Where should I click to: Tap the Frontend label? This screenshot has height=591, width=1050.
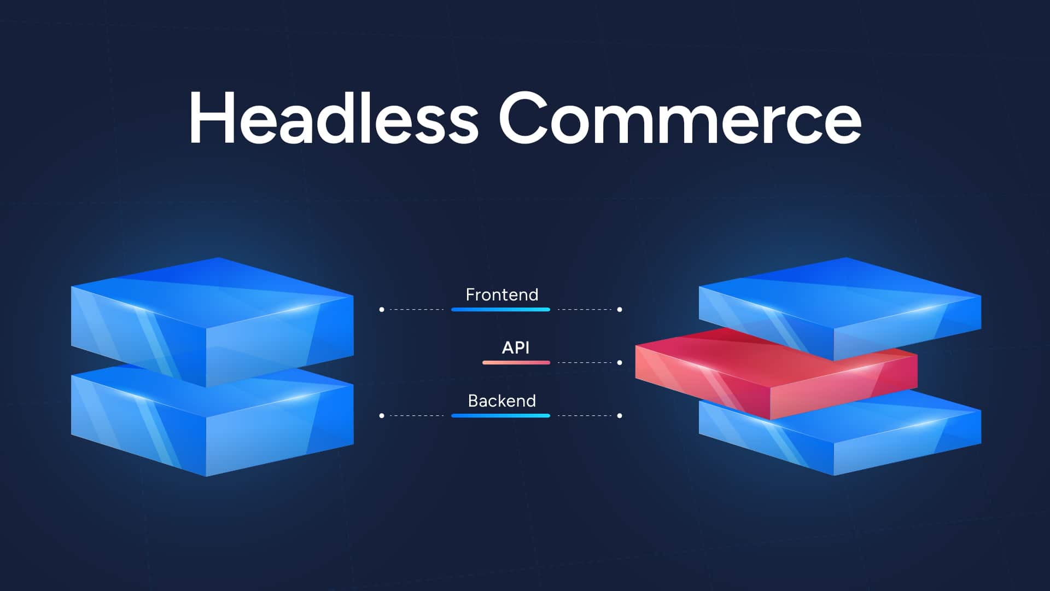point(502,295)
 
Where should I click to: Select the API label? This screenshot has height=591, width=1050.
point(516,347)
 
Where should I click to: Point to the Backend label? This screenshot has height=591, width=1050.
point(502,401)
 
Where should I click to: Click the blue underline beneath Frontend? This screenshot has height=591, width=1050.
point(500,310)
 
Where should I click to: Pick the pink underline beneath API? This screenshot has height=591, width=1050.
point(516,363)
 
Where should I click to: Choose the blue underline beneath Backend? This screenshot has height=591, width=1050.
point(500,416)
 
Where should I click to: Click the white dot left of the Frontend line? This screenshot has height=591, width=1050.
point(382,310)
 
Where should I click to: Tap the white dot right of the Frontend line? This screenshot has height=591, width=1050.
point(620,310)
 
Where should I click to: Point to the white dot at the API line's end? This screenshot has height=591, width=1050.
point(620,363)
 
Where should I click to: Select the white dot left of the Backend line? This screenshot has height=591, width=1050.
point(382,416)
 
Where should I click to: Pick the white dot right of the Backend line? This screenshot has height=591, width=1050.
point(620,416)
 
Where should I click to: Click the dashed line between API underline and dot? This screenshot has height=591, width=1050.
point(584,363)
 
